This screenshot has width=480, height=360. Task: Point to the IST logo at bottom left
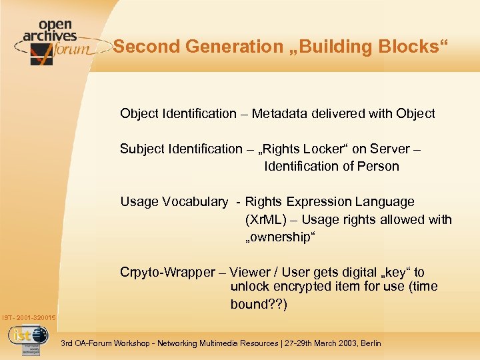tap(28, 335)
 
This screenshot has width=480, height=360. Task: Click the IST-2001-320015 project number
tap(29, 318)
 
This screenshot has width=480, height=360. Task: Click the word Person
tap(379, 166)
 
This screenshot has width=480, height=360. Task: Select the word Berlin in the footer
tap(370, 343)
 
